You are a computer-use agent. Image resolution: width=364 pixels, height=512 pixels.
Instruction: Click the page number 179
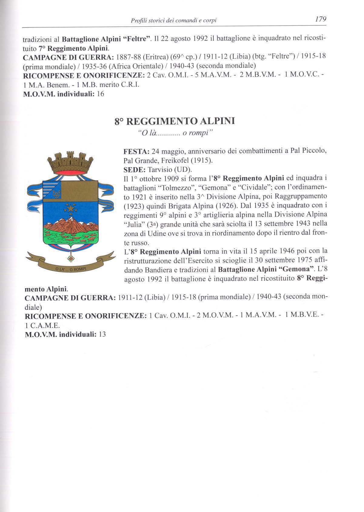tap(320, 19)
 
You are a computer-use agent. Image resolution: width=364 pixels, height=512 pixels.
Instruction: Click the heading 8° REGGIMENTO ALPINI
tap(175, 121)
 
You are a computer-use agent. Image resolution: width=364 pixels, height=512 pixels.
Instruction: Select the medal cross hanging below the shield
tap(72, 257)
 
